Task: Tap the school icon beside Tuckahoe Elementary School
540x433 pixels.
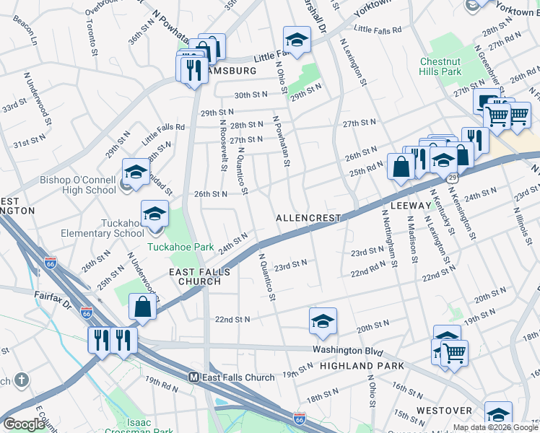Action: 154,214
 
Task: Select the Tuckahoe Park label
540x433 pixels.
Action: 180,247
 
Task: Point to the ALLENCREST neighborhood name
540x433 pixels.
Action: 308,217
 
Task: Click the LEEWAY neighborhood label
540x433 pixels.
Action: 410,206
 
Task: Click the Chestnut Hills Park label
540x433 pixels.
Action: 440,67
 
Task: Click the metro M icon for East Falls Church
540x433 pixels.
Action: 193,377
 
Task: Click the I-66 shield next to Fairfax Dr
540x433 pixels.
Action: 86,313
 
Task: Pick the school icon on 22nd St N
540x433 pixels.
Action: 323,322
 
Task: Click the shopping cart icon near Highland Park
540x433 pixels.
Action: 454,354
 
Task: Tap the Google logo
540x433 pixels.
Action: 24,424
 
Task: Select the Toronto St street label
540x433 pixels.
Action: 91,38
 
